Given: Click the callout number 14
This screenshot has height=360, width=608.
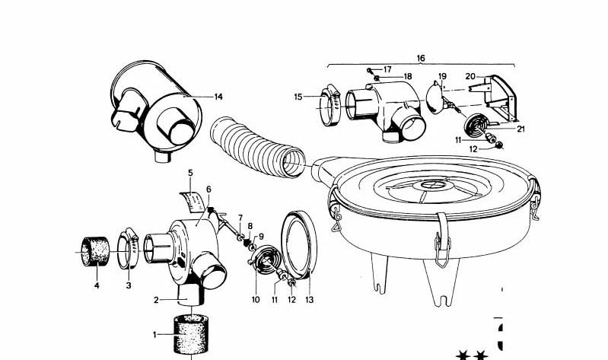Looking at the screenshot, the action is [x=218, y=97].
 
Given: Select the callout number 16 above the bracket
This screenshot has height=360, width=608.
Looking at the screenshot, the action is [x=421, y=58].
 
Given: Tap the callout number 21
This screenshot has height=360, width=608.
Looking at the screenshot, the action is [x=520, y=129].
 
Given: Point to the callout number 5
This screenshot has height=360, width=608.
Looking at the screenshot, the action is [x=190, y=173].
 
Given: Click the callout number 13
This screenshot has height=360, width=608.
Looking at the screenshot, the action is [x=309, y=300].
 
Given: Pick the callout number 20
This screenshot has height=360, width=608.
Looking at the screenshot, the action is [x=470, y=76].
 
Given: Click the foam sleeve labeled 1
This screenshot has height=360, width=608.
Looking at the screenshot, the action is [x=190, y=334].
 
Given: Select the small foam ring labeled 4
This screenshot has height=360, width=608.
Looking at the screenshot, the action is [x=95, y=251].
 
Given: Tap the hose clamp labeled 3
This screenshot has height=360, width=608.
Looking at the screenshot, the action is [x=128, y=247].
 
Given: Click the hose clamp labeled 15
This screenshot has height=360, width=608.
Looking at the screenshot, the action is [x=329, y=105].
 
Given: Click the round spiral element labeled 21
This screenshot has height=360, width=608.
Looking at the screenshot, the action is [x=476, y=125].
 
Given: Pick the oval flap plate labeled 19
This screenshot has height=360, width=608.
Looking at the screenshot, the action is [x=435, y=98].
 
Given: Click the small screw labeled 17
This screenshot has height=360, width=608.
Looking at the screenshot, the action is [x=370, y=71].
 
